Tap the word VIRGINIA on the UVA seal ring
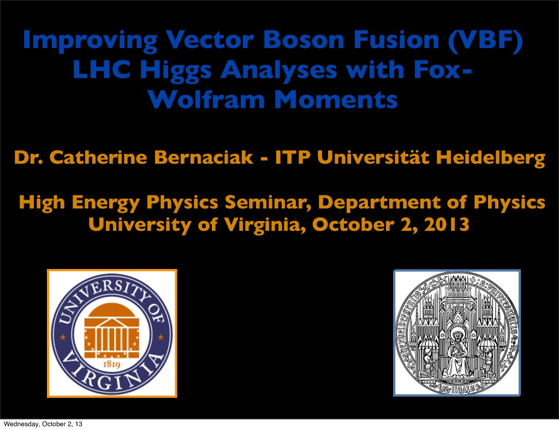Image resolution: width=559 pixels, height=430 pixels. [111, 377]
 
